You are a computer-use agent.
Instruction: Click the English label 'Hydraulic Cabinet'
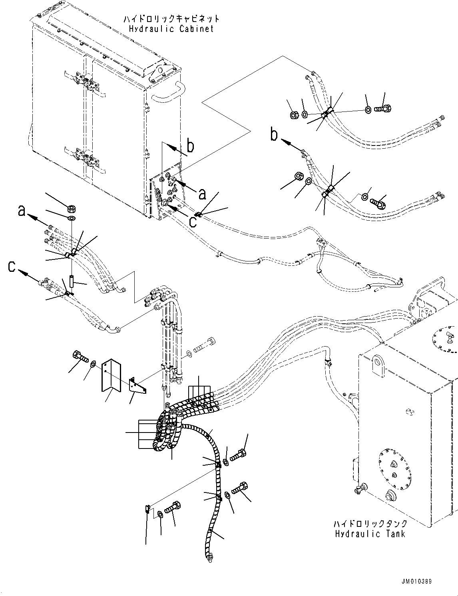171,29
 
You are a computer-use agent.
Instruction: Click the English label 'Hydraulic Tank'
370,534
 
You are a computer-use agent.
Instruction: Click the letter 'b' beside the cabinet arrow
191,146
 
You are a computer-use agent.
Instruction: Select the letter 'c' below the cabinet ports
193,221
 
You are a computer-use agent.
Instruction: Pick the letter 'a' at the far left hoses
22,210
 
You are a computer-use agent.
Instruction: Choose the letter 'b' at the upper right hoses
274,135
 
